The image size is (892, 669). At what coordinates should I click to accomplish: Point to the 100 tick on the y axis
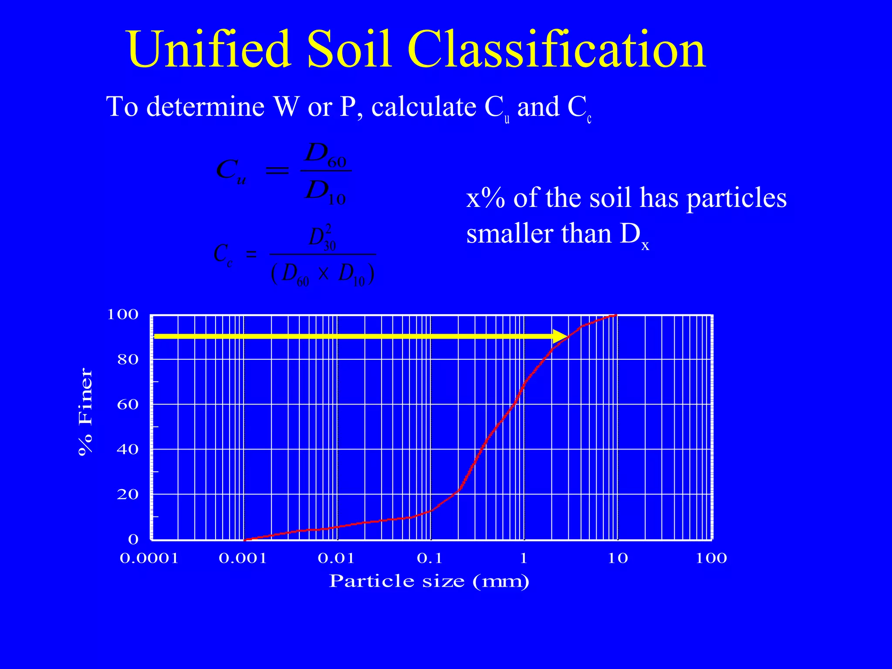[x=123, y=314]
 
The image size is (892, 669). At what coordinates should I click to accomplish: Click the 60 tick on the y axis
[x=128, y=404]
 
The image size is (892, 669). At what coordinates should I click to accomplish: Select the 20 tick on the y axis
[x=128, y=494]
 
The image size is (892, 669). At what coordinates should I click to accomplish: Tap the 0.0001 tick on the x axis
[x=149, y=558]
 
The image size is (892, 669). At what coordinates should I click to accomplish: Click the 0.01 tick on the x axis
[x=336, y=558]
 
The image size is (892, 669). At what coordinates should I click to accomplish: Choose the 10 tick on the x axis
[x=618, y=558]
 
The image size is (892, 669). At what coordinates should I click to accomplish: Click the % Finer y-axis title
[x=85, y=412]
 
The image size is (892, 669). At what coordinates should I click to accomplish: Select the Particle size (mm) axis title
[x=429, y=581]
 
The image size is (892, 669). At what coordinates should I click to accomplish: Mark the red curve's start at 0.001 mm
[x=245, y=539]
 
